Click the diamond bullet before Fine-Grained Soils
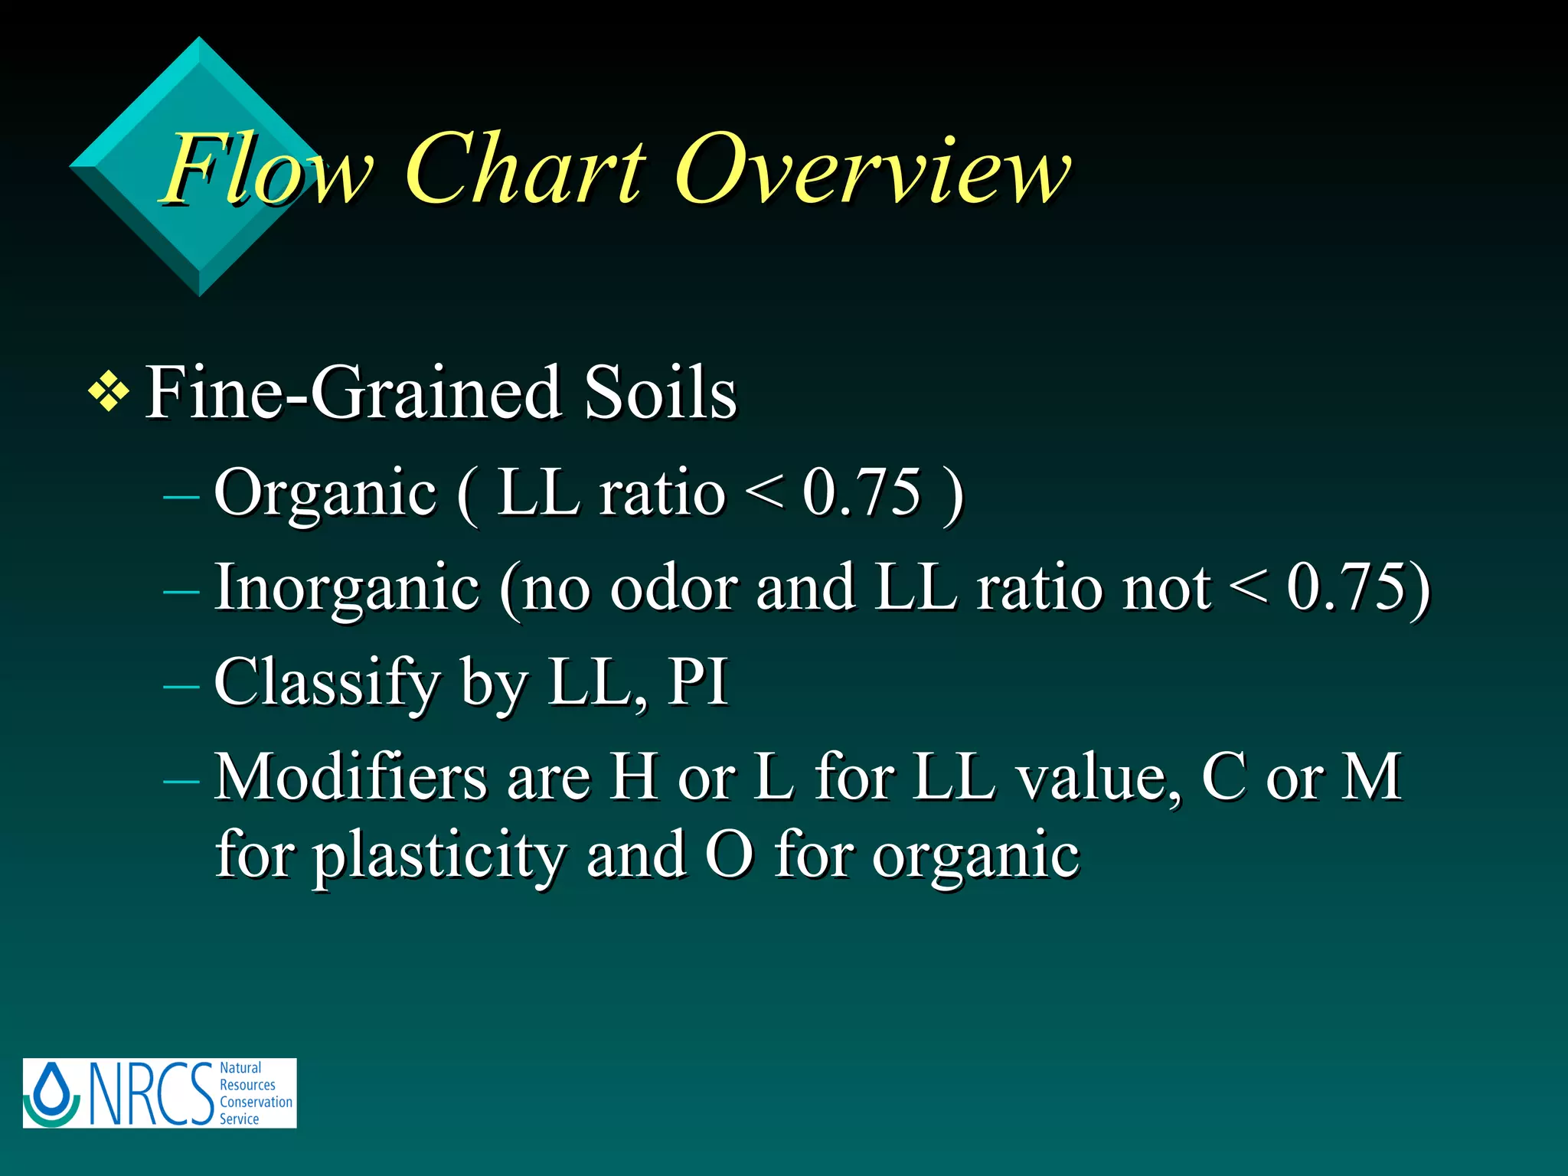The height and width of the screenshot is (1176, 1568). pyautogui.click(x=109, y=394)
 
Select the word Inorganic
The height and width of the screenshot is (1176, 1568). pyautogui.click(x=347, y=588)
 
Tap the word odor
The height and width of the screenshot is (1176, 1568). pyautogui.click(x=674, y=588)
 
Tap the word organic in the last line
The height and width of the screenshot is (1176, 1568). pyautogui.click(x=975, y=856)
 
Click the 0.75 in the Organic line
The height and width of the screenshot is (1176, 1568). pyautogui.click(x=861, y=492)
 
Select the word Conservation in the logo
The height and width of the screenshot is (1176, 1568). pyautogui.click(x=256, y=1102)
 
